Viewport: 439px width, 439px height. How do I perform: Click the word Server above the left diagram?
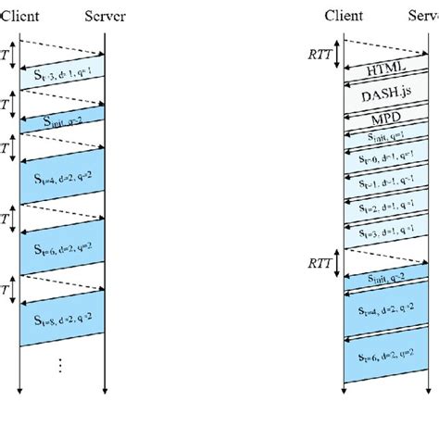[x=106, y=16]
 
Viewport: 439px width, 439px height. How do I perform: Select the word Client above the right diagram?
[x=344, y=16]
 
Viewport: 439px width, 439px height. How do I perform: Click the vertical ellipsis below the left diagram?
[x=62, y=366]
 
